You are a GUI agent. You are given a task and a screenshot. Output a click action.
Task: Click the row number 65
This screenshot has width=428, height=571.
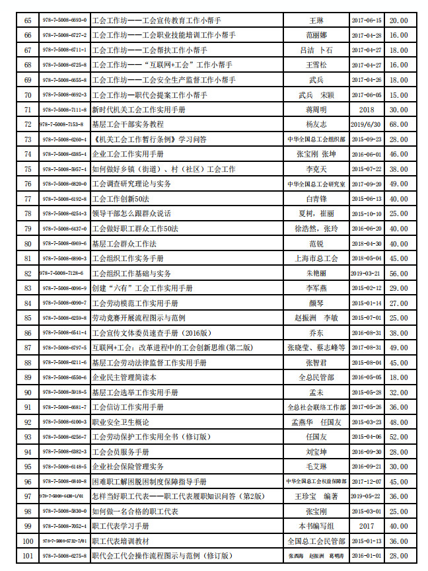[x=27, y=20]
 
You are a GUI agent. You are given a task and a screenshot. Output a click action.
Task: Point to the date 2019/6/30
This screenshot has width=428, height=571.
[x=367, y=124]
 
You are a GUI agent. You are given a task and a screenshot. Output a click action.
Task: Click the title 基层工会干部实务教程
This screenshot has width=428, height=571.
[x=127, y=124]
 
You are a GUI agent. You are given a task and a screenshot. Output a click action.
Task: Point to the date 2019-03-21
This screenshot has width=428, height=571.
[x=367, y=273]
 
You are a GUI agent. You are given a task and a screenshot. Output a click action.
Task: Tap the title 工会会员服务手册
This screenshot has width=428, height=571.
[x=120, y=452]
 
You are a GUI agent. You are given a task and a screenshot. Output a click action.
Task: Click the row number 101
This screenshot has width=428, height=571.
[x=27, y=556]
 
